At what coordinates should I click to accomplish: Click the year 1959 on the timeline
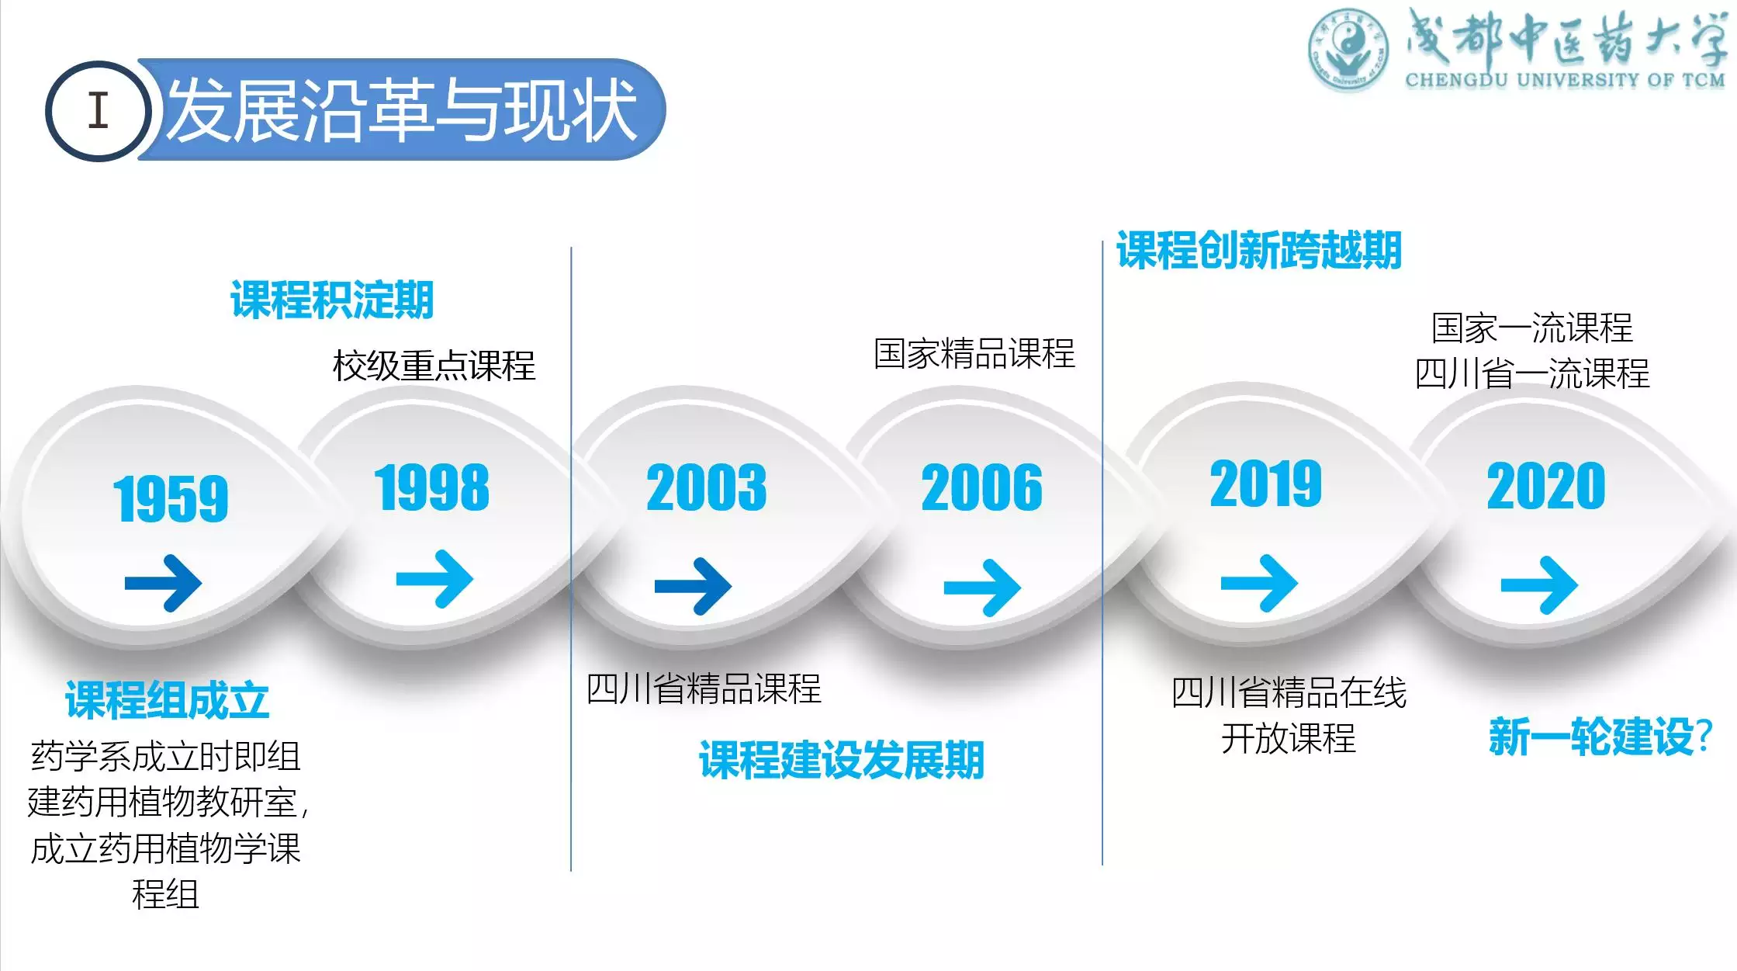pos(171,498)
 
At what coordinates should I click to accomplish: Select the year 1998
pos(432,487)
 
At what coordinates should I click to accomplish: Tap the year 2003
pos(706,487)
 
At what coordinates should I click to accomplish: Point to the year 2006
pos(981,487)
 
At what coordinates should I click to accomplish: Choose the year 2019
pos(1265,484)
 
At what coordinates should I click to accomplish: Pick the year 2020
pos(1545,487)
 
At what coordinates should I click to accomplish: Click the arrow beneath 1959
pos(163,583)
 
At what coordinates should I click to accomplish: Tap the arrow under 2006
pos(982,588)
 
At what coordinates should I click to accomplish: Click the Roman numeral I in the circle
pos(98,110)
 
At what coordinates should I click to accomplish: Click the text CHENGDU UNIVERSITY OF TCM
pos(1565,80)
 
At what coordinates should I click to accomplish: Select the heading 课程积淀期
pos(332,300)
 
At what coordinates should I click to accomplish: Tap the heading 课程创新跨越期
pos(1258,250)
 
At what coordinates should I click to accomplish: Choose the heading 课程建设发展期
pos(842,759)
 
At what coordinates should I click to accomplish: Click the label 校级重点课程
pos(434,366)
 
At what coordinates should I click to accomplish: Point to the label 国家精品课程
pos(974,354)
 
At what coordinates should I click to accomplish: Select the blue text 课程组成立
pos(167,700)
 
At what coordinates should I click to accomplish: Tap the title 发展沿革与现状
pos(402,110)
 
